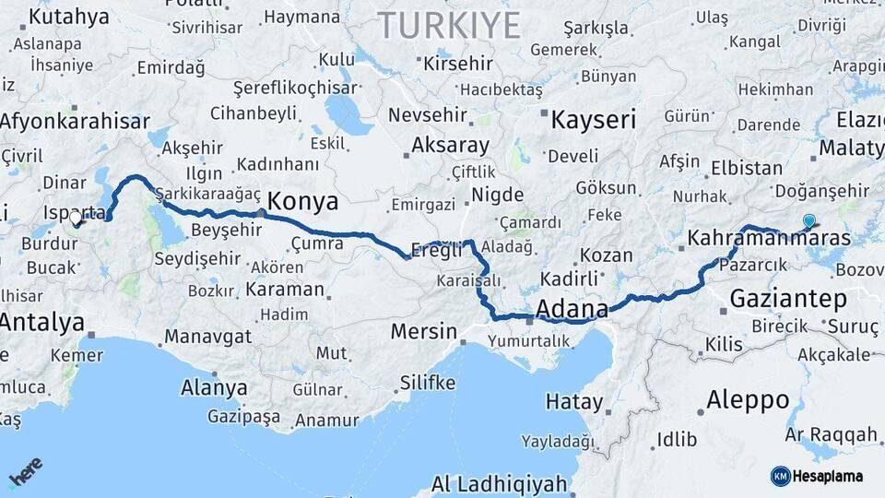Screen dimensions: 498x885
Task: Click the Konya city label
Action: coord(302,202)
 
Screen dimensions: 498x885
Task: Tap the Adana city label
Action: coord(572,308)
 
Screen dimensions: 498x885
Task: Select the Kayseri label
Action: coord(594,119)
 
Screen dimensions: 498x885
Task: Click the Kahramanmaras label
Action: coord(768,239)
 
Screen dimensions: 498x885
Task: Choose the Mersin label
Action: coord(424,331)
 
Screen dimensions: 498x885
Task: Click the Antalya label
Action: coord(42,323)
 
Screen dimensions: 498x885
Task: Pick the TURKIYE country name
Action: coord(449,26)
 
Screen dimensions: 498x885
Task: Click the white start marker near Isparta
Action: coord(76,219)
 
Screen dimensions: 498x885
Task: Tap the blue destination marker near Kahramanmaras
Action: coord(809,220)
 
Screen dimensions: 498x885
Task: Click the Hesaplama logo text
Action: coord(828,476)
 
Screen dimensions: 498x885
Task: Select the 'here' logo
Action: coord(25,473)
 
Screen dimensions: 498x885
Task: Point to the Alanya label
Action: coord(214,387)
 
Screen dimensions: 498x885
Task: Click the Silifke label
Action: coord(428,383)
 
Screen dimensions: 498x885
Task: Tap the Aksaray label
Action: coord(450,145)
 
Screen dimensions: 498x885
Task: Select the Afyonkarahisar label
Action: coord(75,121)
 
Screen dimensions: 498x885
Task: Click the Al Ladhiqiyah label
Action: coord(498,483)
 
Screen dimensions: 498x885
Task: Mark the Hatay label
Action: coord(573,402)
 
